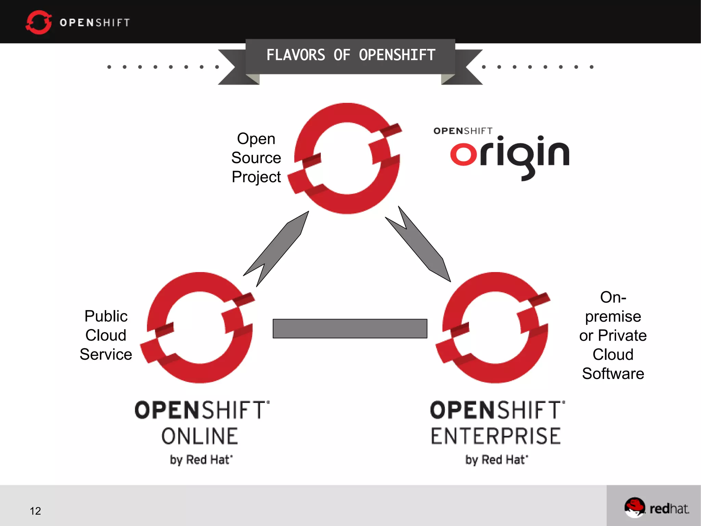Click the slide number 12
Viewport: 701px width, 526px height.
tap(35, 511)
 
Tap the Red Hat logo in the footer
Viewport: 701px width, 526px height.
tap(656, 508)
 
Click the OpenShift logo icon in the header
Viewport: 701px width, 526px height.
tap(38, 22)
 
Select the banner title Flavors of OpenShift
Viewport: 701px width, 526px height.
tap(350, 55)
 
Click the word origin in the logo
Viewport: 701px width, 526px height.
tap(510, 156)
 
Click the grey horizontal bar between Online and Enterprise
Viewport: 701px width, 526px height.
tap(350, 329)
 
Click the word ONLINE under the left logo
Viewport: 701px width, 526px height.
tap(200, 436)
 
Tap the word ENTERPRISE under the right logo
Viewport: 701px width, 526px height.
tap(496, 436)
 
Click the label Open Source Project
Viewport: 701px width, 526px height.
tap(256, 158)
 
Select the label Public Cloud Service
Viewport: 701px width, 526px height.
tap(106, 335)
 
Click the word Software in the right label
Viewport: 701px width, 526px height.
tap(613, 374)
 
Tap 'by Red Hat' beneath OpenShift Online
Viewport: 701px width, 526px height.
tap(201, 460)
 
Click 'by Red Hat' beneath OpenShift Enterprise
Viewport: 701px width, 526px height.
tap(497, 460)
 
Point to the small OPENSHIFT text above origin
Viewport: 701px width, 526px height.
tap(463, 131)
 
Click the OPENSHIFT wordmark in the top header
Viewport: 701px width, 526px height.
tap(95, 23)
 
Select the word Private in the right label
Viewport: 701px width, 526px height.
tap(622, 335)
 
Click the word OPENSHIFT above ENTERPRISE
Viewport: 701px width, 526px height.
tap(497, 410)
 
